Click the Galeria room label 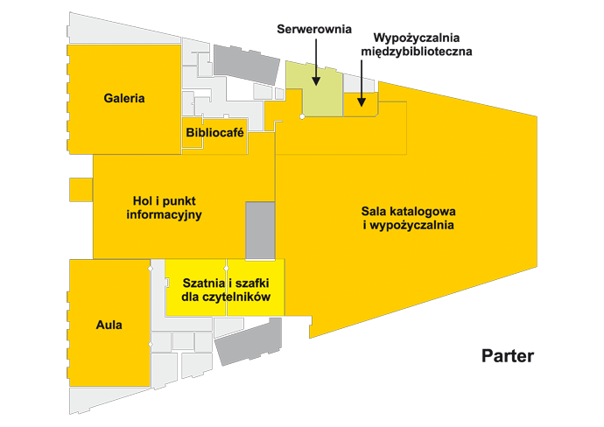[123, 98]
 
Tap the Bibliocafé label [214, 133]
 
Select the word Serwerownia [314, 28]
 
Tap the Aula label [109, 325]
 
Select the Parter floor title [507, 356]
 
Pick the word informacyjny [165, 214]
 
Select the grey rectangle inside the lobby [260, 229]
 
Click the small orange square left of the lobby [81, 189]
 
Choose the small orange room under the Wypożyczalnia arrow [356, 104]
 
